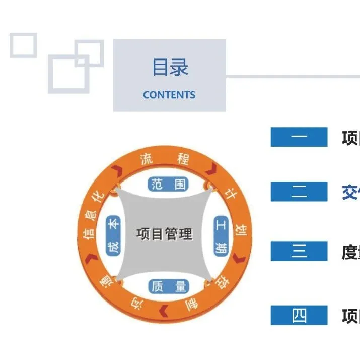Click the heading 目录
coord(170,68)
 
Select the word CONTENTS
coord(169,95)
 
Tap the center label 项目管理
coord(165,234)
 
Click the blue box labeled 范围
coord(168,184)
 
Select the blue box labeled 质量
coord(168,286)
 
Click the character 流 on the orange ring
coord(147,159)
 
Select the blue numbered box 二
coord(299,192)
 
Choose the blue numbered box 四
coord(299,316)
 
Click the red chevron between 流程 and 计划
coord(210,169)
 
